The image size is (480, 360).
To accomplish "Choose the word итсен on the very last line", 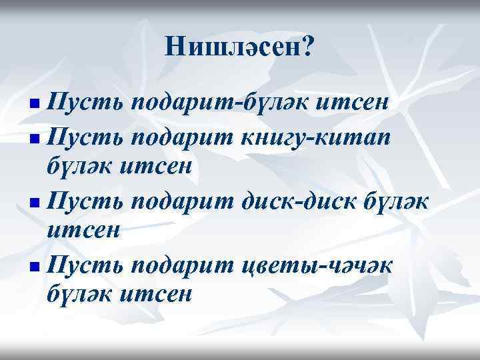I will pos(155,293).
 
